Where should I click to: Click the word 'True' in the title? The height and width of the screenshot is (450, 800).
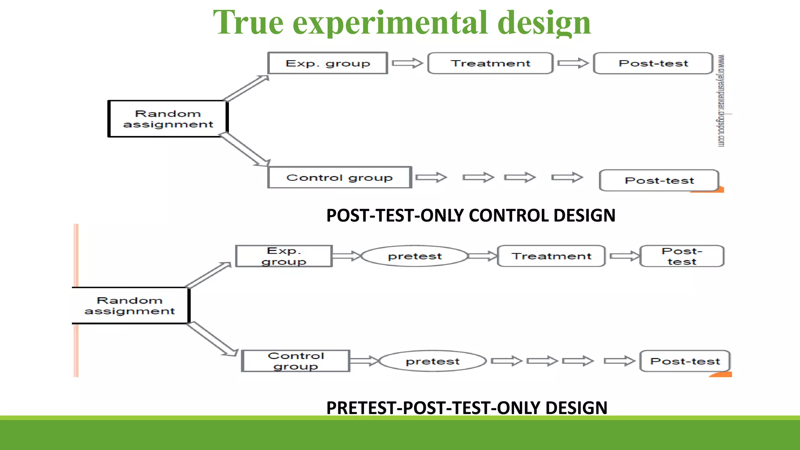[248, 23]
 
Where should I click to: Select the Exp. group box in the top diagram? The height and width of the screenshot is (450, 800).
[328, 63]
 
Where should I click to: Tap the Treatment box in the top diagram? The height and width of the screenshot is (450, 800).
[490, 63]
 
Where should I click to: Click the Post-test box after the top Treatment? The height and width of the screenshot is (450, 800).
[653, 63]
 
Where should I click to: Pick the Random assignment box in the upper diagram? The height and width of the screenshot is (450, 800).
[168, 119]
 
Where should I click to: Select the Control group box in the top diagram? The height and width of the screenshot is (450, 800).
[339, 178]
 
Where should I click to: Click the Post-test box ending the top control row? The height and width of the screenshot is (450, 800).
[659, 180]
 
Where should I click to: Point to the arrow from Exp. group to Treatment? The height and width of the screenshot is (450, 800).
[407, 63]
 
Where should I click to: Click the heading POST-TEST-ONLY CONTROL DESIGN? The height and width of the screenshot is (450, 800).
[471, 216]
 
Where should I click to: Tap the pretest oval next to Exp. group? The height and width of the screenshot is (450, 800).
[414, 256]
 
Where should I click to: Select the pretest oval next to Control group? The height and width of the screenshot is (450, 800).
[432, 361]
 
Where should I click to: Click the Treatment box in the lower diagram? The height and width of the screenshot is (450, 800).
[551, 256]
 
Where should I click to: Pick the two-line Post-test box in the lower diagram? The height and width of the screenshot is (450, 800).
[682, 256]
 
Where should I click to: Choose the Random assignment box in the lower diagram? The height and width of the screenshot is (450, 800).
[130, 305]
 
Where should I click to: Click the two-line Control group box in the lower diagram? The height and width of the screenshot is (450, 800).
[296, 361]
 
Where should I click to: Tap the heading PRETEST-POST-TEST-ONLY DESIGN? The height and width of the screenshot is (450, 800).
[467, 408]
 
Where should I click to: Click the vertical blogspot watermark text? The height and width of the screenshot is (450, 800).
[721, 101]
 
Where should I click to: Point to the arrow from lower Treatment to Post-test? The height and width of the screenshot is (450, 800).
[624, 256]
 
